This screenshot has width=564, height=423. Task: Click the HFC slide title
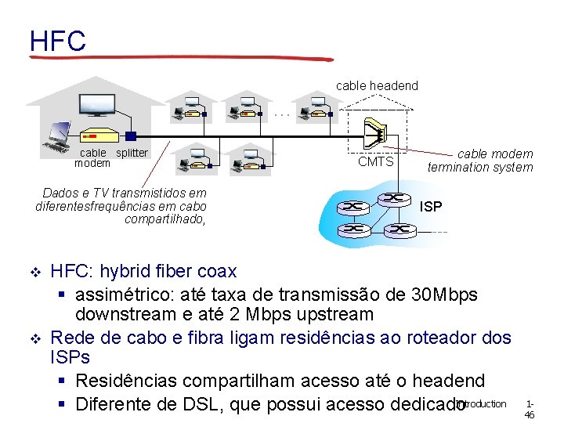(x=57, y=41)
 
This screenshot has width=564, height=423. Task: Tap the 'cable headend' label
(x=377, y=85)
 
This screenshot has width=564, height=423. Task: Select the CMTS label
(x=375, y=162)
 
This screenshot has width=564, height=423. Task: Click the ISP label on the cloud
(x=431, y=207)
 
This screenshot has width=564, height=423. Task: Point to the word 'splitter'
(x=132, y=153)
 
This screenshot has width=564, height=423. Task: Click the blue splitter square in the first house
(x=131, y=136)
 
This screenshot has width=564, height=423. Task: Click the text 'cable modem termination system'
(x=479, y=161)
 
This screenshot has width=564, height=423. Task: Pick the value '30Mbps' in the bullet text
(x=443, y=295)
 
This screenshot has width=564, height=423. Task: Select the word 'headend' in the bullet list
(x=443, y=381)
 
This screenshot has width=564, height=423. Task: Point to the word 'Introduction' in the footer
(x=481, y=404)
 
